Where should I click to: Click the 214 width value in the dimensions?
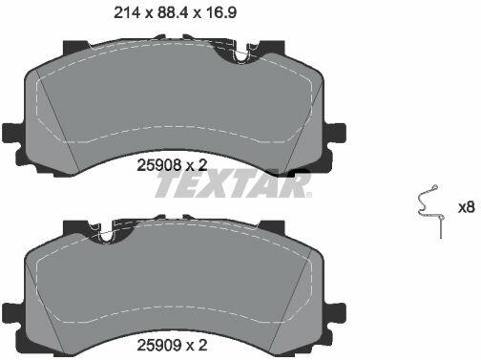point(127,12)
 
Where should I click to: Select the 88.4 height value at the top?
point(172,12)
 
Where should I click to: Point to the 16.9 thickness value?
point(220,12)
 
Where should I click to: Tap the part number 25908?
point(159,165)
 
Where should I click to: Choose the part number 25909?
point(159,345)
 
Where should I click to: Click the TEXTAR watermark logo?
point(233,184)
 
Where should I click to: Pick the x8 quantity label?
point(467,208)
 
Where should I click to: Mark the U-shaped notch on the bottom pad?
point(107,235)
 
